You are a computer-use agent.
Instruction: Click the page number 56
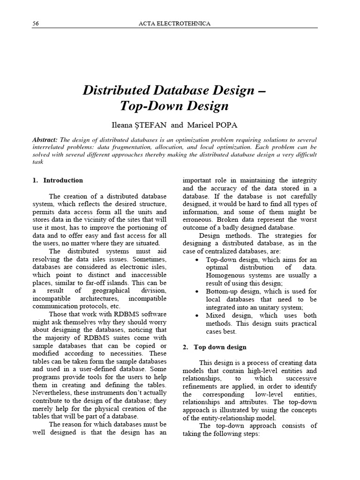tap(35, 22)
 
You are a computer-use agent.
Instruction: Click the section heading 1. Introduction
tap(58, 180)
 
